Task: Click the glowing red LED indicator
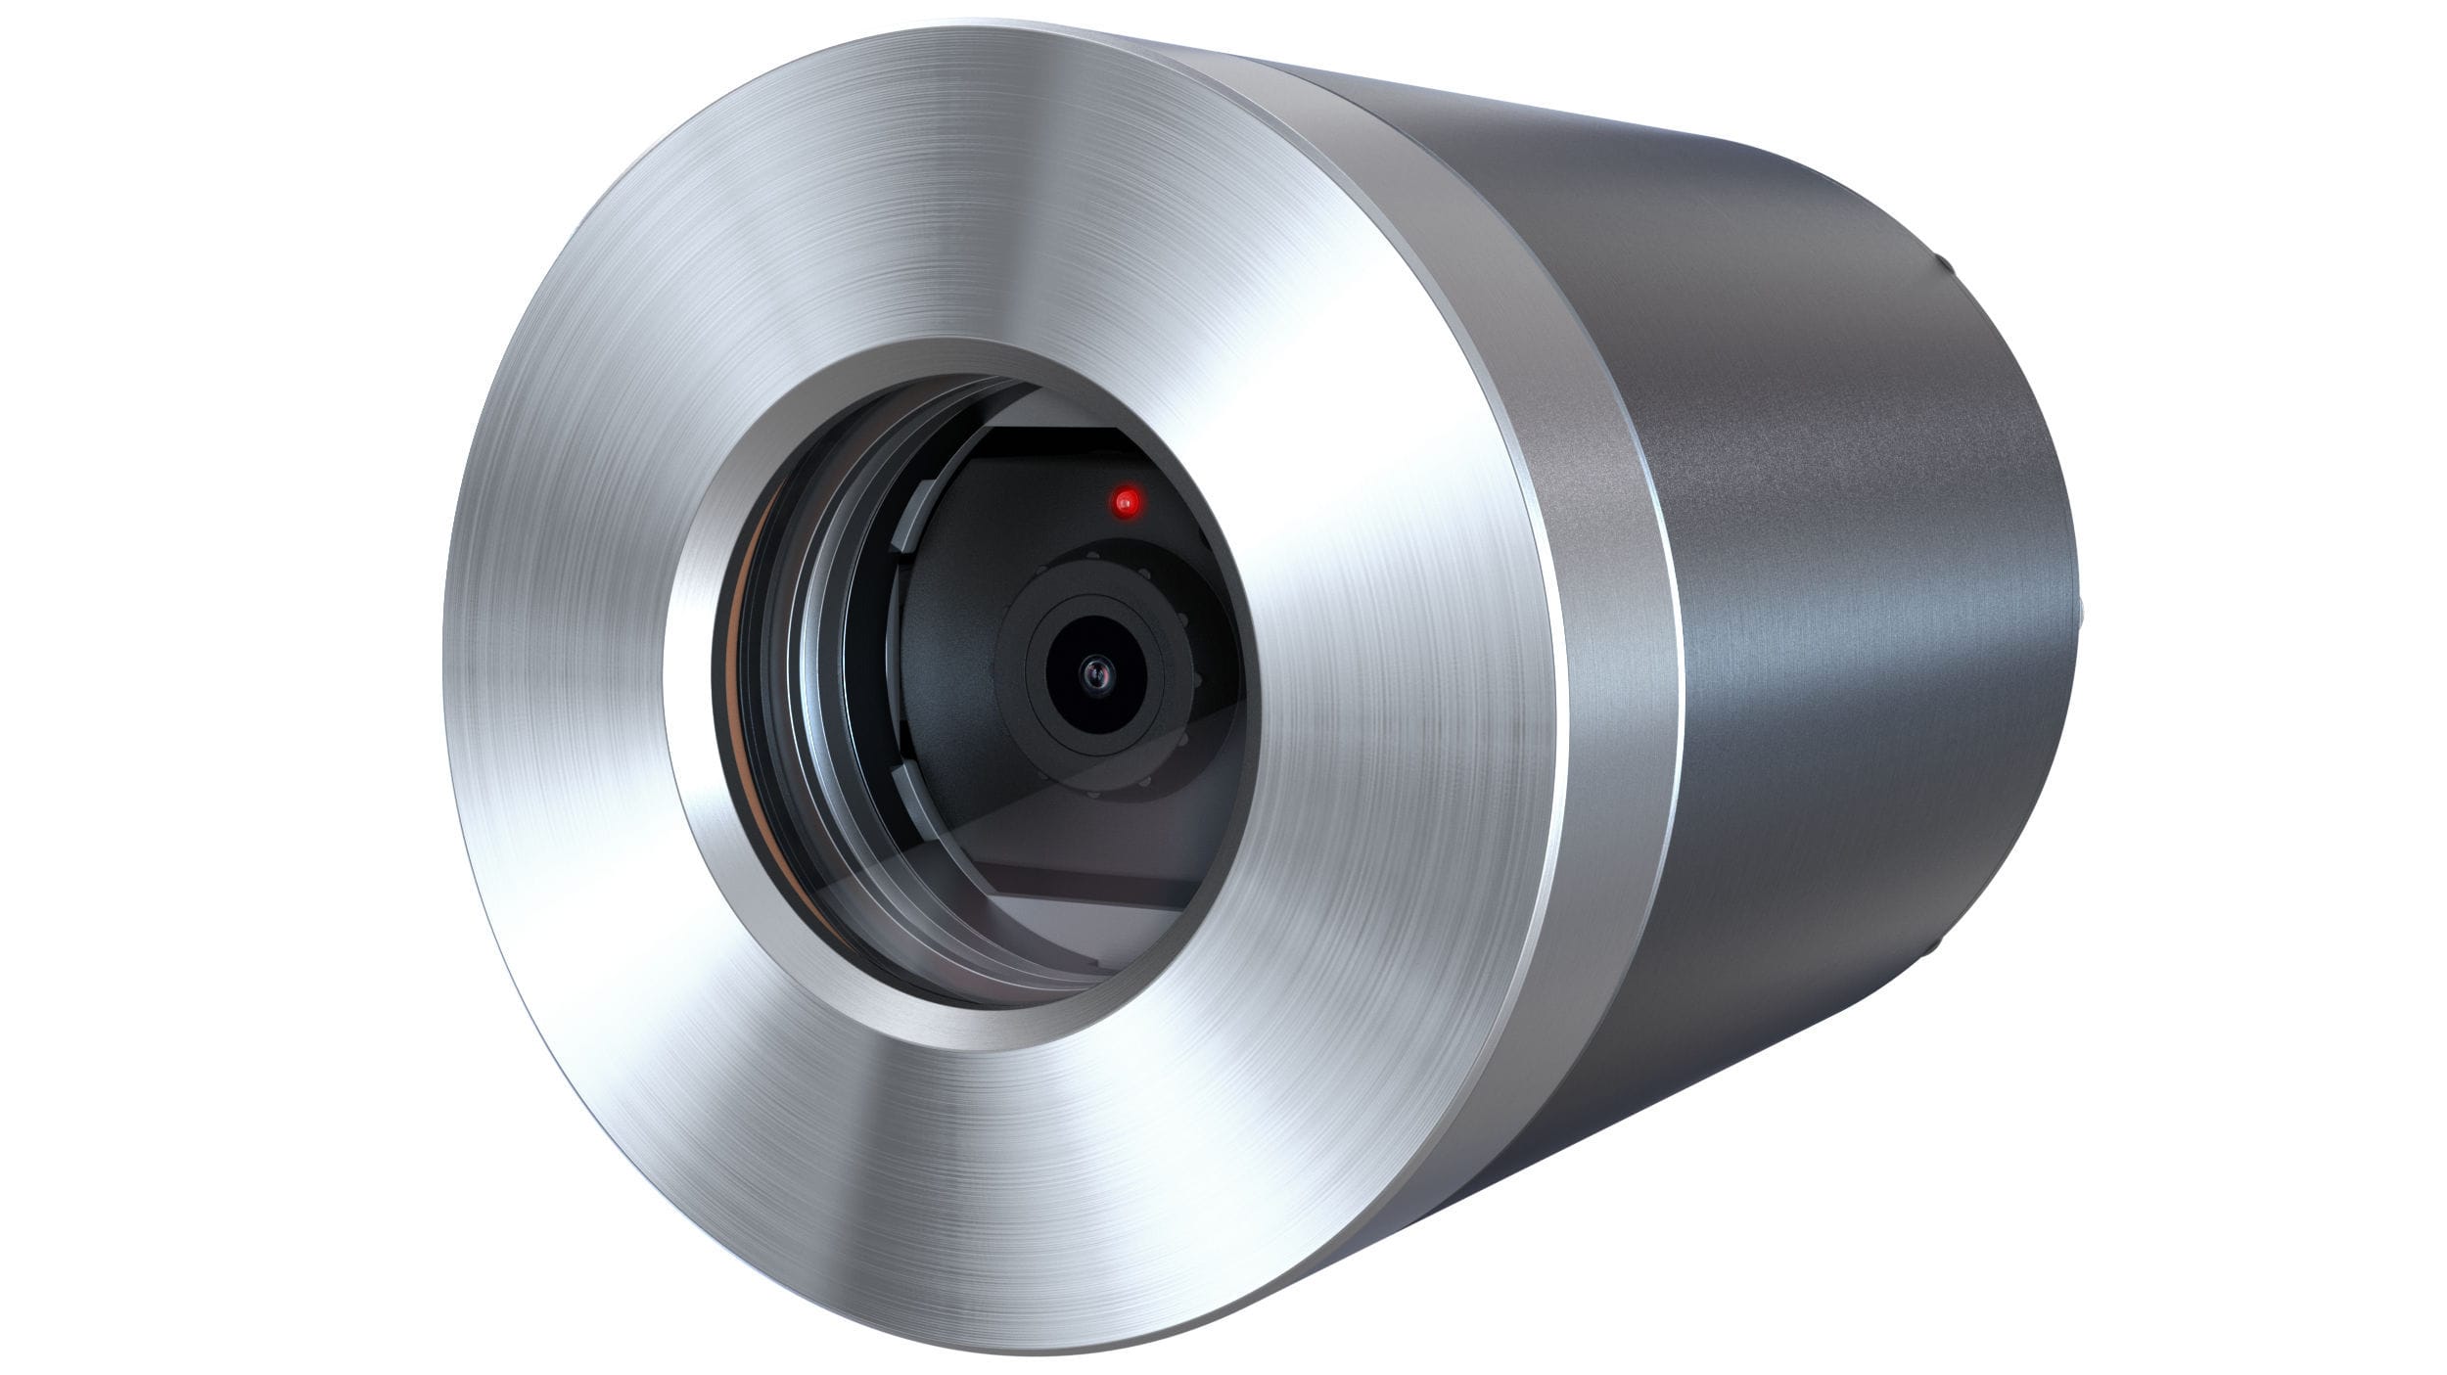coord(1126,503)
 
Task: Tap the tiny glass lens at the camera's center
coord(1093,672)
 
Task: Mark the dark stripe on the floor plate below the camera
coord(1086,881)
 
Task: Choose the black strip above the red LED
coord(1067,440)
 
